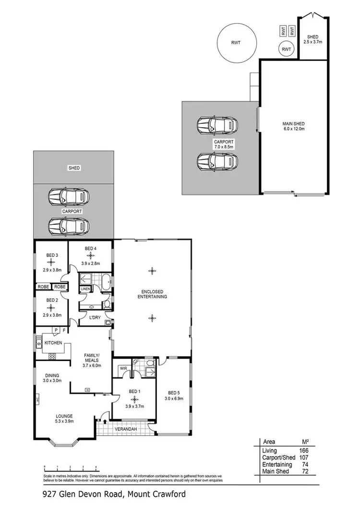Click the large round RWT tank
pos(236,43)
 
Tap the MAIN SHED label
pos(294,124)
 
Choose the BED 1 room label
pos(134,391)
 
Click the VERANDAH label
pos(126,428)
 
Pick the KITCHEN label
pos(53,343)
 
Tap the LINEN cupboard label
pos(85,289)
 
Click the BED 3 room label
pos(52,255)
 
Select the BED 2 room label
pos(52,300)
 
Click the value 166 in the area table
pos(303,450)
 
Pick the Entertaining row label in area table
pos(277,465)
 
